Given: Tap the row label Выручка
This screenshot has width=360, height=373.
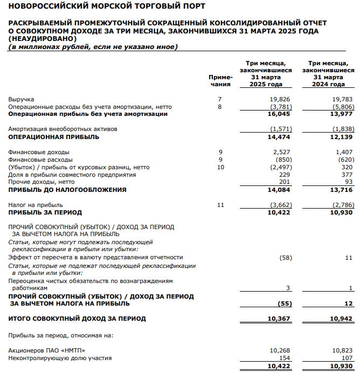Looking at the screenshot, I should (x=21, y=99).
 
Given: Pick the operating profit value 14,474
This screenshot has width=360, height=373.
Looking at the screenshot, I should (x=279, y=137).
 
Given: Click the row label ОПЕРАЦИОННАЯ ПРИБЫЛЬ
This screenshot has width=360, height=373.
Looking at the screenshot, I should (x=54, y=137).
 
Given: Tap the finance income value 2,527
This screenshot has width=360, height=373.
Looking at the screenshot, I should (x=281, y=152).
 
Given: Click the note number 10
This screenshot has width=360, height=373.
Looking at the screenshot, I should (x=219, y=167).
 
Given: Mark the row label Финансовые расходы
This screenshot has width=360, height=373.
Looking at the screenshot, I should (x=40, y=160).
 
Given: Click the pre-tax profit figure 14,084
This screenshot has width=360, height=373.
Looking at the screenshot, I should (x=279, y=190).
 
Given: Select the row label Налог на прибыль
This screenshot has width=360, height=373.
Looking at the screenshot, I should (x=36, y=205).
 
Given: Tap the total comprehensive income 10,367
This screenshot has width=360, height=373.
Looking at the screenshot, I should (x=279, y=319).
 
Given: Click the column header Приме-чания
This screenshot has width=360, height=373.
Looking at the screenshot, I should (x=220, y=80).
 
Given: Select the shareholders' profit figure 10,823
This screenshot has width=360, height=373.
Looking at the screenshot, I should (x=342, y=350).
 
